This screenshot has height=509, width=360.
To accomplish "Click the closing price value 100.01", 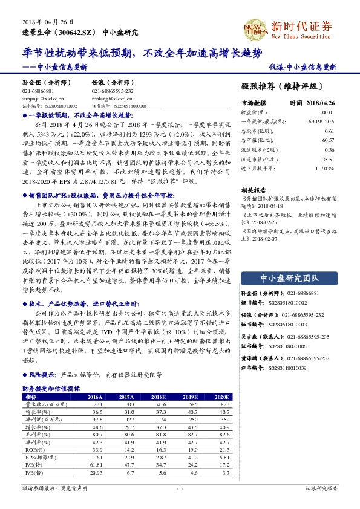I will (326, 112).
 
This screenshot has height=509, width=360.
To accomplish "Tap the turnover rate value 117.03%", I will (323, 170).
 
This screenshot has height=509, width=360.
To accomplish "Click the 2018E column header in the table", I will (160, 397).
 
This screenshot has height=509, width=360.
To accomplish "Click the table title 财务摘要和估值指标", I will (51, 388).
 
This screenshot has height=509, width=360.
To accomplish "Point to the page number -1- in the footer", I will (179, 488).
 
